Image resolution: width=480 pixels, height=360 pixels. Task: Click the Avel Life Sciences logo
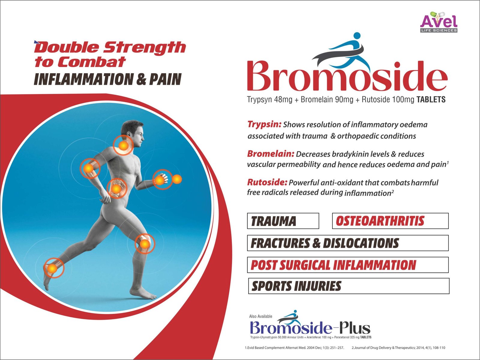439,22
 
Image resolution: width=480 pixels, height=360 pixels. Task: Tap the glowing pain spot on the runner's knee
145,243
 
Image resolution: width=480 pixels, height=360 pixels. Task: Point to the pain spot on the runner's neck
123,145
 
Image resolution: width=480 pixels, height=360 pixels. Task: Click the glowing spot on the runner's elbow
89,168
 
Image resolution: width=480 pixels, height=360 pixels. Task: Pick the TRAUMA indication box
283,221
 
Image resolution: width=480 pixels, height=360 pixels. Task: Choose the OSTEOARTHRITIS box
390,221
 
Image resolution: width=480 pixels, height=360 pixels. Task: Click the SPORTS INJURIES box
349,286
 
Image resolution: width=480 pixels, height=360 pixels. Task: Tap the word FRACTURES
280,243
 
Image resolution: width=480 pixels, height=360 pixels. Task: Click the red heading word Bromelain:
271,154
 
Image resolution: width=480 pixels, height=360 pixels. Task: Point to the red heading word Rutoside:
267,182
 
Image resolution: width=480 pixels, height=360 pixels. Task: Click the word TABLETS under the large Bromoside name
431,100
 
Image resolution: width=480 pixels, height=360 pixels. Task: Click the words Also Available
261,316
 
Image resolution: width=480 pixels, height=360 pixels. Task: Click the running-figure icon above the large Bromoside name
341,51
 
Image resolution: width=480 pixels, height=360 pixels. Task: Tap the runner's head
132,131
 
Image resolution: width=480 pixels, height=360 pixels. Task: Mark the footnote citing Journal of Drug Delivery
398,347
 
